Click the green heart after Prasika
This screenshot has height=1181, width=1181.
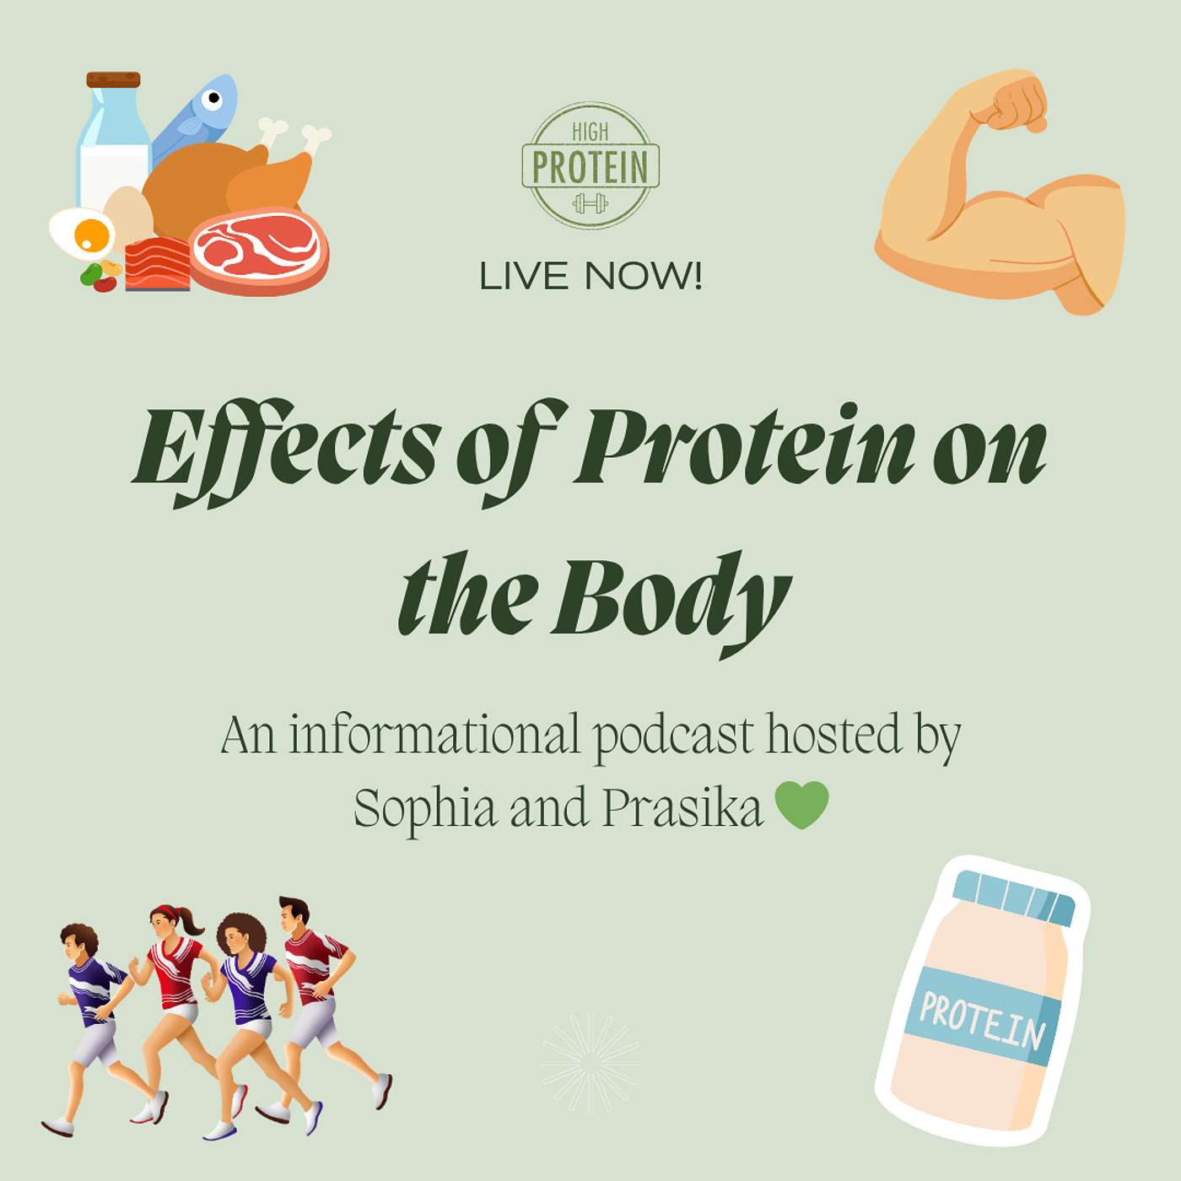pyautogui.click(x=801, y=806)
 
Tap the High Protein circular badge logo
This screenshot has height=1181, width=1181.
pyautogui.click(x=590, y=165)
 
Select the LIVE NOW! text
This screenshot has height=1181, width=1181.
pyautogui.click(x=590, y=276)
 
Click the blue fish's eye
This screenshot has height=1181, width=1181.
pyautogui.click(x=212, y=98)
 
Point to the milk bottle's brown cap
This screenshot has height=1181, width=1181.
pyautogui.click(x=113, y=79)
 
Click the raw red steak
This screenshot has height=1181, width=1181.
pyautogui.click(x=259, y=251)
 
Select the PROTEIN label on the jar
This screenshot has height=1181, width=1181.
pyautogui.click(x=983, y=1021)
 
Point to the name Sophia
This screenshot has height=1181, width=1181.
pyautogui.click(x=424, y=809)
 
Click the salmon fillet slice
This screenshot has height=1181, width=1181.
pyautogui.click(x=158, y=263)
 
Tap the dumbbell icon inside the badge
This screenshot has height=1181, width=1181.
pyautogui.click(x=590, y=202)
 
